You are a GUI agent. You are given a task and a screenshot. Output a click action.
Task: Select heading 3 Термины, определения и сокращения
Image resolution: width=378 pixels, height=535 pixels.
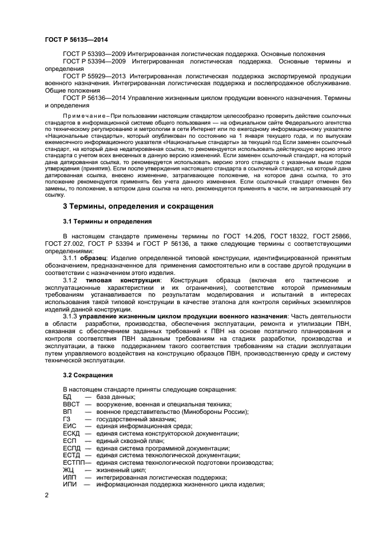coord(138,206)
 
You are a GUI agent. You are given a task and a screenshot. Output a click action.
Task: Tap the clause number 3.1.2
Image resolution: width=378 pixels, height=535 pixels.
coord(70,280)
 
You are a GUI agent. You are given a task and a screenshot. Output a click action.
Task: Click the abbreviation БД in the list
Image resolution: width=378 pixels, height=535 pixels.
coord(67,397)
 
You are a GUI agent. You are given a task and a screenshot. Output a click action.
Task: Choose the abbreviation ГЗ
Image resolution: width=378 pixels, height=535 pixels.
coord(66,418)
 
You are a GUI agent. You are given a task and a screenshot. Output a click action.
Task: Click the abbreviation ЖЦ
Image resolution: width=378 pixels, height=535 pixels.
coord(68,469)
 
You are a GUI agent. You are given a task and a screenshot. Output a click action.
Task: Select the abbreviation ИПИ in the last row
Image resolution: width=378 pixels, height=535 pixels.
coord(70,484)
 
